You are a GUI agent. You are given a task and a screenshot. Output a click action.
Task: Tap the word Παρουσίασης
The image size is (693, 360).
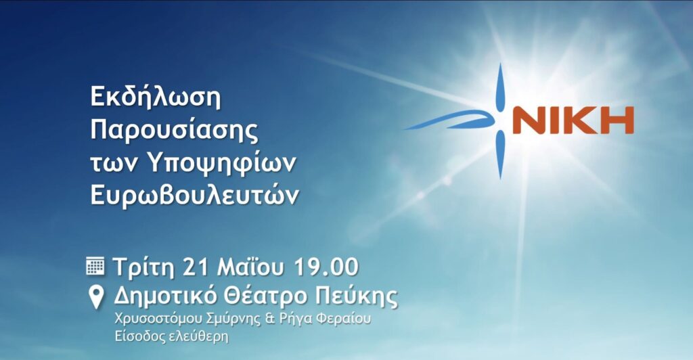tap(174, 131)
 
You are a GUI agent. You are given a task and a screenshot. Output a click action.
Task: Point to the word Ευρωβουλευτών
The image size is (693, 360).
tap(194, 195)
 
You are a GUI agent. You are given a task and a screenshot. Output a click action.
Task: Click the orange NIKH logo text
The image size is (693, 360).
tap(573, 120)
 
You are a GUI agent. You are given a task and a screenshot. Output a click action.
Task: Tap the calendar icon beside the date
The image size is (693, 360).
tap(95, 267)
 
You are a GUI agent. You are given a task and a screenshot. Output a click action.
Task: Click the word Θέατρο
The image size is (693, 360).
tap(265, 296)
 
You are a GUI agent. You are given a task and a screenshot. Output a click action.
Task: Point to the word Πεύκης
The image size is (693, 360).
tap(356, 296)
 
